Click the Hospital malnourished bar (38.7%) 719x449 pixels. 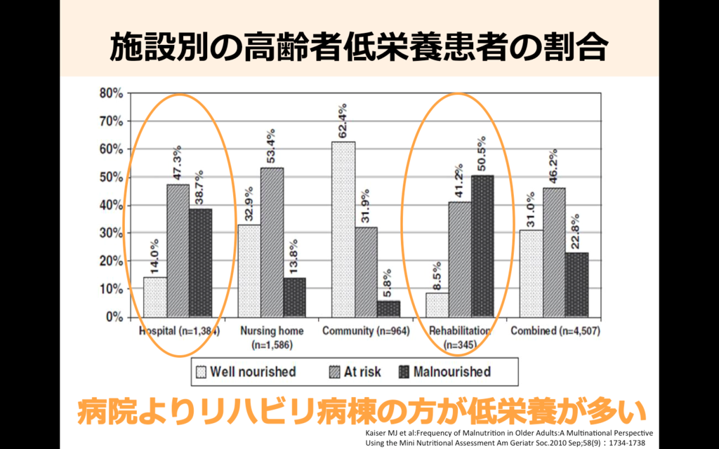point(200,263)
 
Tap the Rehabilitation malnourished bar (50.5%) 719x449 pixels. point(482,246)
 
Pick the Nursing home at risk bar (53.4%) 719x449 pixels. point(272,242)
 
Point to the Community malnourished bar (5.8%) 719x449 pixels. point(388,309)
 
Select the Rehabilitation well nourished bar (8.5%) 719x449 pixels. point(437,305)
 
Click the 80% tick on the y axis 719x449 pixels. point(112,93)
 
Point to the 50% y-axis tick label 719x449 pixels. point(112,177)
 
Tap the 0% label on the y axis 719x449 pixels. point(114,317)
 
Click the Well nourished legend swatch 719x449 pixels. point(201,372)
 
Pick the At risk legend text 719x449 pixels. point(362,372)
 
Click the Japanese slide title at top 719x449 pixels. point(359,48)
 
